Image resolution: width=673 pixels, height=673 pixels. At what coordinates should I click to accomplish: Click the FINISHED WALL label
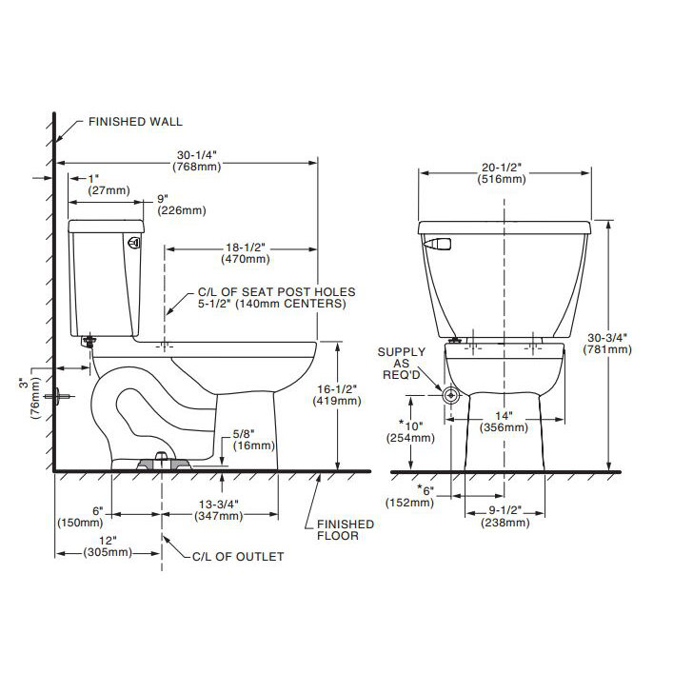[134, 122]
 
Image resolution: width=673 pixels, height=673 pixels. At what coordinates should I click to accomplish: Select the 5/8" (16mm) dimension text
[254, 439]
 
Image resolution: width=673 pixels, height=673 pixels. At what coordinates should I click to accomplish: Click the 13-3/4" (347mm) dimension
[220, 509]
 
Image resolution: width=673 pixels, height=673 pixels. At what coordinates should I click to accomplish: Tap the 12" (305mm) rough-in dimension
[107, 545]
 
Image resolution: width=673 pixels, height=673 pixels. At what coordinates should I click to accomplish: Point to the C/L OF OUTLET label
[238, 557]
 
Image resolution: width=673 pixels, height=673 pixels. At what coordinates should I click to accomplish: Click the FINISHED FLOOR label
[345, 530]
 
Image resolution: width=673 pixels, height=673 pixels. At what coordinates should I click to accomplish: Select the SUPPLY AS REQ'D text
[402, 363]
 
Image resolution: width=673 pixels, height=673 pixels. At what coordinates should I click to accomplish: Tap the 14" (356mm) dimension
[504, 421]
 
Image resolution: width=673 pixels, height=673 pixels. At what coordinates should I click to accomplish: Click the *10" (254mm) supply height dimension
[409, 430]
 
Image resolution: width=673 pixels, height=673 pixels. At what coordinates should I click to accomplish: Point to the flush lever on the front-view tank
[436, 245]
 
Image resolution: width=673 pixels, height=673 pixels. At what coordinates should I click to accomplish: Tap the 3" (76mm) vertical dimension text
[28, 395]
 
